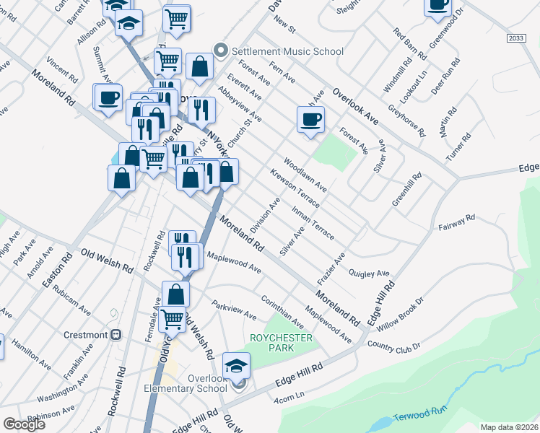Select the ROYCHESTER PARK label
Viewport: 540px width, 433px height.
(281, 343)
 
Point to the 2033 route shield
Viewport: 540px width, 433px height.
(515, 38)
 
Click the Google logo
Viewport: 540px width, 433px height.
(24, 424)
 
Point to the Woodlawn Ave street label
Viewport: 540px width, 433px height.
(305, 174)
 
